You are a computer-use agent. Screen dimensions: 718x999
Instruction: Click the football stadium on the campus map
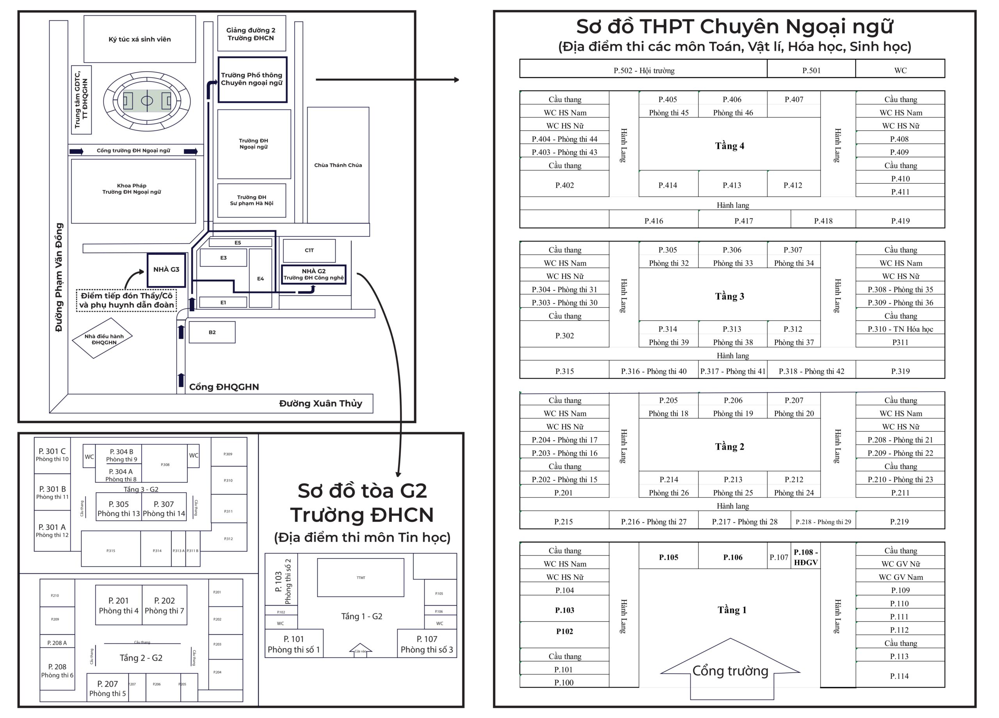(x=147, y=101)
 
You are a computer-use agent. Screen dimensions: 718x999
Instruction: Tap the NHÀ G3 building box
(x=166, y=269)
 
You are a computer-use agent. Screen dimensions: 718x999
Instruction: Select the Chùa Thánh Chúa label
(x=338, y=165)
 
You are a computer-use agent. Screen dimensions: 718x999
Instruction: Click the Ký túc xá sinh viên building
(x=140, y=39)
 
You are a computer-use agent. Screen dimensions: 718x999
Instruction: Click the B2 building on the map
(x=212, y=332)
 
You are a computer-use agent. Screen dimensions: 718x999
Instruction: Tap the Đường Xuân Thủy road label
(x=320, y=403)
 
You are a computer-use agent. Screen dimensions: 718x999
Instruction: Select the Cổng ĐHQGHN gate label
(x=224, y=387)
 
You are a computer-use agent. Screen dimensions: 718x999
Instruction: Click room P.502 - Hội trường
(x=643, y=71)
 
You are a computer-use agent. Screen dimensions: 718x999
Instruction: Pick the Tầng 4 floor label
(x=729, y=146)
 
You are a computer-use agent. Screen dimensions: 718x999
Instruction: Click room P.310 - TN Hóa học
(x=900, y=329)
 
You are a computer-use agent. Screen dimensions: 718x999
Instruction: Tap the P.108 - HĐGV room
(x=805, y=557)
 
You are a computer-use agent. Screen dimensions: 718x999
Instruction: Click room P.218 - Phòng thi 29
(x=823, y=522)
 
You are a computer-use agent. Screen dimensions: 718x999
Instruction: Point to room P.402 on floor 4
(x=564, y=185)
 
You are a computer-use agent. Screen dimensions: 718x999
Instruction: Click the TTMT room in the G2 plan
(x=360, y=577)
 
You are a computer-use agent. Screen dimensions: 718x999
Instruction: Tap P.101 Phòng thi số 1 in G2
(x=293, y=644)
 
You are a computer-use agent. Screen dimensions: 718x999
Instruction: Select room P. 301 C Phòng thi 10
(x=52, y=455)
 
